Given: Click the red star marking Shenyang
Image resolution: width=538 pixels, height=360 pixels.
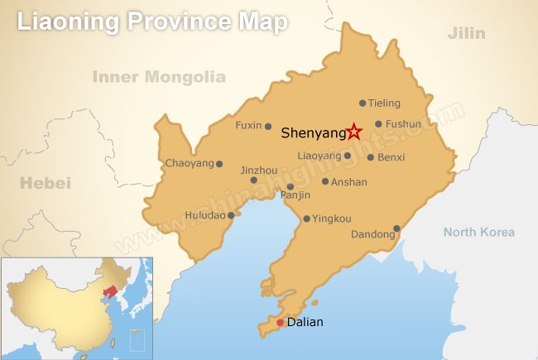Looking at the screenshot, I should click(x=354, y=131).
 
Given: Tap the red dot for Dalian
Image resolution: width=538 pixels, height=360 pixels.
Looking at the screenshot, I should click(x=281, y=323).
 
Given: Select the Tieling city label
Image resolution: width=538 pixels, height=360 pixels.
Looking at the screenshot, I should click(x=385, y=103).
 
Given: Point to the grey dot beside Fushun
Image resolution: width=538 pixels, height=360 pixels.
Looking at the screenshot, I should click(x=378, y=124).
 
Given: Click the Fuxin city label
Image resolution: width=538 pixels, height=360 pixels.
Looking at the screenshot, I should click(x=248, y=126).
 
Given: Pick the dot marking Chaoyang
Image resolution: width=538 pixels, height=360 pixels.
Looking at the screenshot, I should click(x=219, y=164).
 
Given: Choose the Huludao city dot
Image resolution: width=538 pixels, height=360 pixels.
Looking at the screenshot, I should click(x=231, y=213).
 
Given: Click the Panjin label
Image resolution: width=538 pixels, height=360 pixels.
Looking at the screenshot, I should click(x=295, y=195).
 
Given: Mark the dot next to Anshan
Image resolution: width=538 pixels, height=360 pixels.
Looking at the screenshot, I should click(x=325, y=182).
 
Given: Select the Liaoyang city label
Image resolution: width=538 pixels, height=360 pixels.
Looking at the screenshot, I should click(x=319, y=156).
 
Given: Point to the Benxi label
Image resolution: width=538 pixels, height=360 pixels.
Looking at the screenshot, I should click(x=391, y=156).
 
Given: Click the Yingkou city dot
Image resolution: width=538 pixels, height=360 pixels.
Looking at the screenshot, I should click(x=307, y=219).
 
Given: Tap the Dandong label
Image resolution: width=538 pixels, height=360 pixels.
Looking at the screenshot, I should click(x=372, y=235).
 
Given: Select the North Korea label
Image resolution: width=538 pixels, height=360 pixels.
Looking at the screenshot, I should click(x=478, y=232).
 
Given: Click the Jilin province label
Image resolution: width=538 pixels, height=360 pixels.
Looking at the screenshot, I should click(x=466, y=34).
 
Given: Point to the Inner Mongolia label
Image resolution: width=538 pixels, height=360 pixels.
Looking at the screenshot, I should click(x=159, y=77).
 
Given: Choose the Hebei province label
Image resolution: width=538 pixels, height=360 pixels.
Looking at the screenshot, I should click(x=46, y=182).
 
